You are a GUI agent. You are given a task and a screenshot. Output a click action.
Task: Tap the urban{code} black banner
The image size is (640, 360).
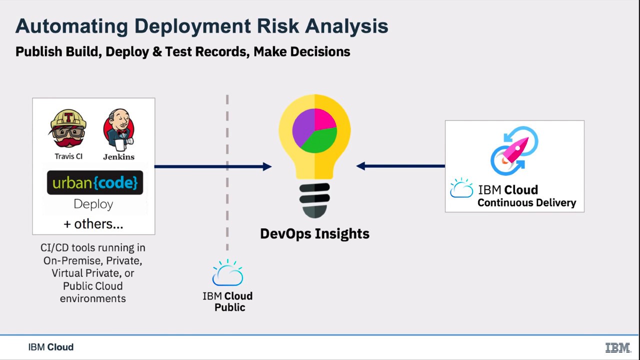click(x=95, y=182)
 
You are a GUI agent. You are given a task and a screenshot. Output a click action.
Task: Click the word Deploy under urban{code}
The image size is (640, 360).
click(x=93, y=204)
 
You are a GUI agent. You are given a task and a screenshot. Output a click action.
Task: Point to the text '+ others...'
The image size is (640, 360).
click(x=93, y=224)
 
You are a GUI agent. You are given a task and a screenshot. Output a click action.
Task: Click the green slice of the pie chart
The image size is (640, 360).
click(x=317, y=141)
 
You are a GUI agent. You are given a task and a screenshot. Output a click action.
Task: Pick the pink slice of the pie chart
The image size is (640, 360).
click(x=324, y=119)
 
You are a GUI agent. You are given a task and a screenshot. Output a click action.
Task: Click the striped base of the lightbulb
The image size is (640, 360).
click(x=314, y=199)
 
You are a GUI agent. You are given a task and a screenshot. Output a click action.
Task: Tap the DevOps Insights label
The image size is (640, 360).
click(x=314, y=233)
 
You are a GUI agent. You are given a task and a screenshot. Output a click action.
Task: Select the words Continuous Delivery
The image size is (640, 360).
click(x=526, y=203)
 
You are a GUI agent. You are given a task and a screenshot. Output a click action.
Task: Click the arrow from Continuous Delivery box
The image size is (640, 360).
click(x=400, y=166)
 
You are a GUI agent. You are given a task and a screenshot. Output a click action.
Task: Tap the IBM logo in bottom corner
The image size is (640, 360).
click(x=617, y=347)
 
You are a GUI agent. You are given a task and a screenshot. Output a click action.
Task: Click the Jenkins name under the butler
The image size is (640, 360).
click(x=118, y=156)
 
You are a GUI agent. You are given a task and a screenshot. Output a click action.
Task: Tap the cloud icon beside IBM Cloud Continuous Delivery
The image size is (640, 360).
click(x=461, y=188)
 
